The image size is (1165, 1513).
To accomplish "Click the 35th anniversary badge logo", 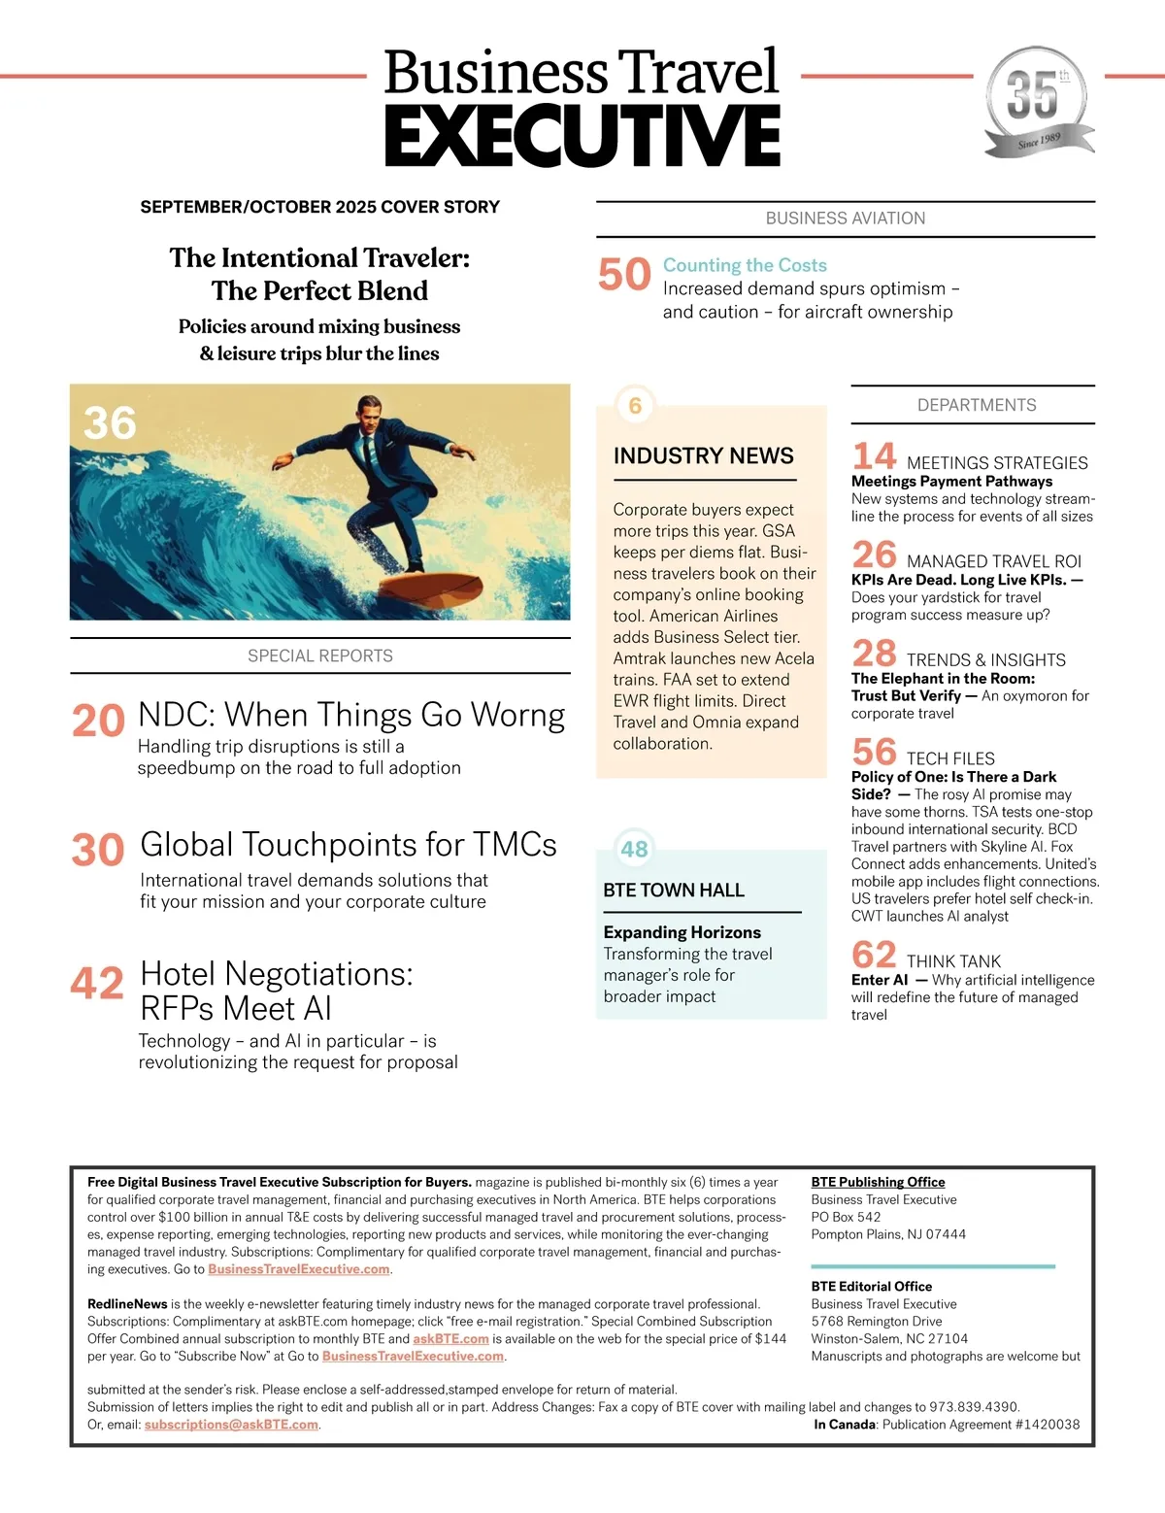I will [1037, 101].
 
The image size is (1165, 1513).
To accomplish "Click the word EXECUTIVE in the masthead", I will [582, 136].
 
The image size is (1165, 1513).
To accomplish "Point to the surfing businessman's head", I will [368, 408].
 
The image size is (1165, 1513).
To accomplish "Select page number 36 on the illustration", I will [110, 423].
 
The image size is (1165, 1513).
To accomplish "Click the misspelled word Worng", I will [517, 715].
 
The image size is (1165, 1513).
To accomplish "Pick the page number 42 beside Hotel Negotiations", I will [97, 983].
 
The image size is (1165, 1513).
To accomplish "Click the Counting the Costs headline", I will [745, 265].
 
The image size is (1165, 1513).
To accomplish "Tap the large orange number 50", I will [624, 275].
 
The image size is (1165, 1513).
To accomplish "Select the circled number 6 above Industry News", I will [635, 405].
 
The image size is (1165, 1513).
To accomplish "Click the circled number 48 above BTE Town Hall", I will [634, 850].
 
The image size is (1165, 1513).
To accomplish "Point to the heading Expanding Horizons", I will [682, 932].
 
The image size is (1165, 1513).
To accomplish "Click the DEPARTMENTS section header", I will [977, 405].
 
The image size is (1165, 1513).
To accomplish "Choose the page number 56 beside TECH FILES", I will [874, 753].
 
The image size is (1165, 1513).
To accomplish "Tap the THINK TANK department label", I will [953, 961].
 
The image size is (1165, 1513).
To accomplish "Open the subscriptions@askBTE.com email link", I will [231, 1425].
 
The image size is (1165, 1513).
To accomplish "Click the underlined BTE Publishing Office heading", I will [878, 1182].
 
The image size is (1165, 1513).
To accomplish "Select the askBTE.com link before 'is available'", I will [450, 1338].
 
